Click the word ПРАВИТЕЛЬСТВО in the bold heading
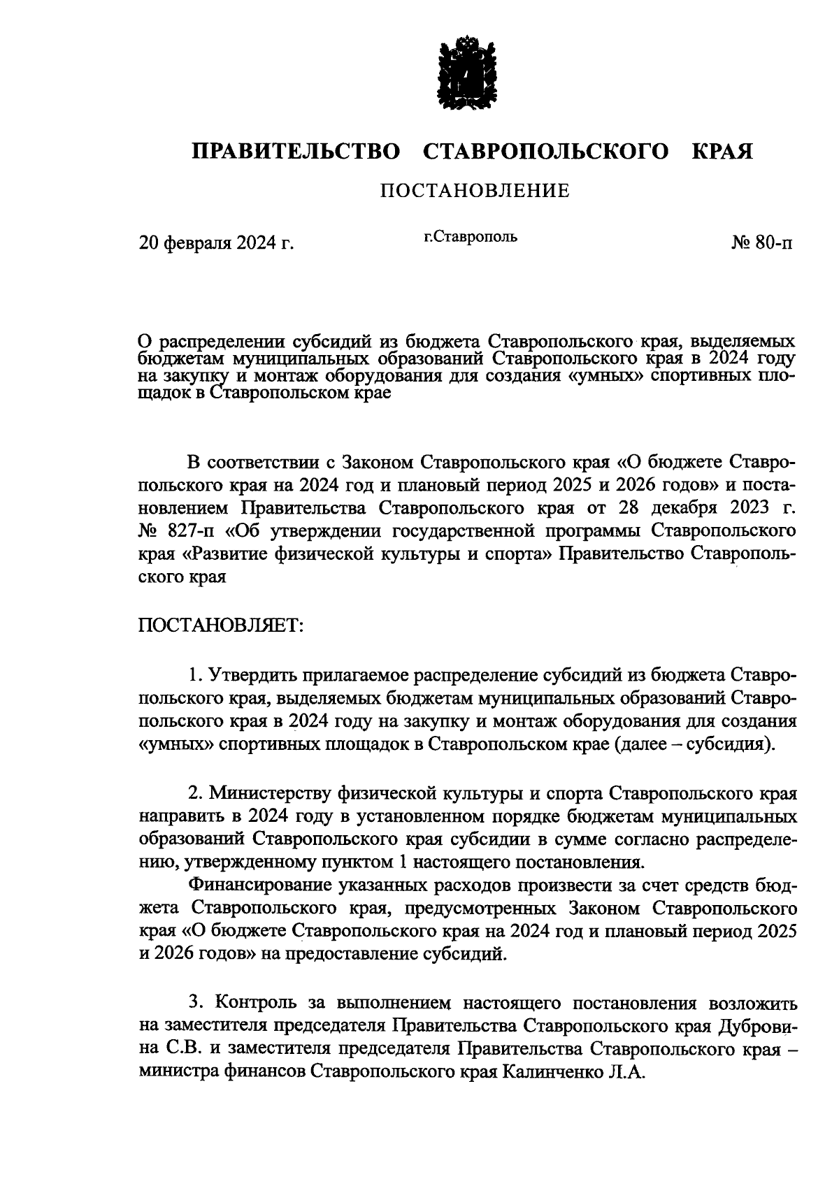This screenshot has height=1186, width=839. (x=297, y=151)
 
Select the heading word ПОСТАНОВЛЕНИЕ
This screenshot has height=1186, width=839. (x=475, y=190)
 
